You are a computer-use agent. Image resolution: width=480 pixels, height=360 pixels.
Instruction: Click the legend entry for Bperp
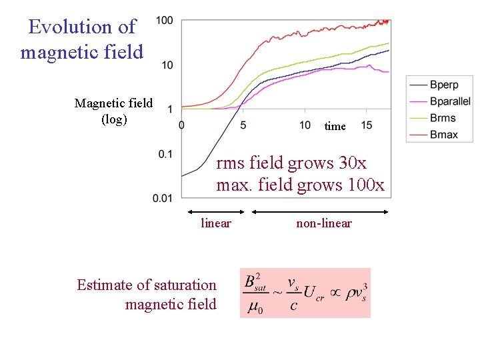443,85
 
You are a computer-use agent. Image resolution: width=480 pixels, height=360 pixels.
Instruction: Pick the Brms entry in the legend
443,118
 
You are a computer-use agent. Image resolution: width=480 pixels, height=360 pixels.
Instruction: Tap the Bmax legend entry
444,135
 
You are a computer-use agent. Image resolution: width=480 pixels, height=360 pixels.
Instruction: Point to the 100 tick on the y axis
165,21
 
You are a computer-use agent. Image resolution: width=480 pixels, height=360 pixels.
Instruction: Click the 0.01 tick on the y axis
163,198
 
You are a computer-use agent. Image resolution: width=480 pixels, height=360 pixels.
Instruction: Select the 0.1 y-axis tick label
165,154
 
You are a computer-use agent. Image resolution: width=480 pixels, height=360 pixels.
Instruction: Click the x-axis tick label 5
243,125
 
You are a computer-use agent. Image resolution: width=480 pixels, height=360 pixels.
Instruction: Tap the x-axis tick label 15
367,125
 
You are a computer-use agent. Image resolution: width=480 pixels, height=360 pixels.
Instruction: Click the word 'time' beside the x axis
335,126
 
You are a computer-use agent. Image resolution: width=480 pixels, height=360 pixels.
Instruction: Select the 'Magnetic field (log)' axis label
113,111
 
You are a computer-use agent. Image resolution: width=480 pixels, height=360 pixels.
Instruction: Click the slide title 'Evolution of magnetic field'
82,39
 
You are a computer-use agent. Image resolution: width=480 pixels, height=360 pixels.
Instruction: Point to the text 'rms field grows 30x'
291,163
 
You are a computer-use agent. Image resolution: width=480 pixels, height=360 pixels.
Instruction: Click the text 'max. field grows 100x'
300,185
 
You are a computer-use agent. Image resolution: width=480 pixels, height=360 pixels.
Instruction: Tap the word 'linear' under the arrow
216,223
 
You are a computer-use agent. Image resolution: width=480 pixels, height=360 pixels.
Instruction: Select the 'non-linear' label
324,223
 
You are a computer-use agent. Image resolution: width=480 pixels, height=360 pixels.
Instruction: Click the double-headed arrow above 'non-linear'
320,212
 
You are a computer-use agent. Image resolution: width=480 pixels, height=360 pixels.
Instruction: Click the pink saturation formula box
305,293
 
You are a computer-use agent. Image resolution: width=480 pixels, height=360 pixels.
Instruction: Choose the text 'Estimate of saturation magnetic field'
147,295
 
